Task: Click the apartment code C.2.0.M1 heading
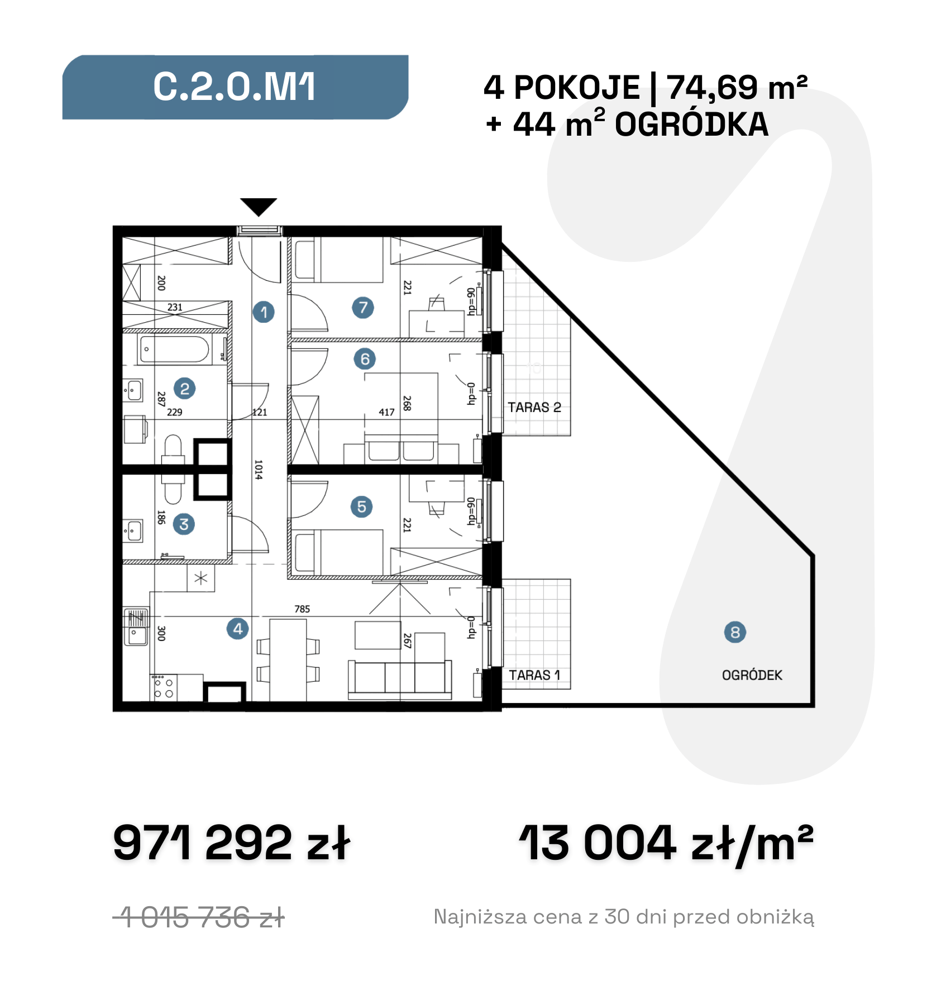[235, 87]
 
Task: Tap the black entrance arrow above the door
[259, 206]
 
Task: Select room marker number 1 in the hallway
[264, 312]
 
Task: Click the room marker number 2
[185, 388]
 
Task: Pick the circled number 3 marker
[184, 524]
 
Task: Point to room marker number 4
[237, 629]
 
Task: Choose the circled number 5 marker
[362, 506]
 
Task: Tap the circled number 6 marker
[365, 358]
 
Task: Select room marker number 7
[363, 307]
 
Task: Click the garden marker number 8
[735, 632]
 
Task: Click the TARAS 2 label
[534, 407]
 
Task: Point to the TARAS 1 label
[534, 675]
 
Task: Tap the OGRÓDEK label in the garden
[752, 675]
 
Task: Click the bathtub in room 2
[175, 349]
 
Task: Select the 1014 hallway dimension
[258, 470]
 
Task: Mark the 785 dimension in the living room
[302, 609]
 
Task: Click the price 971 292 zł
[232, 843]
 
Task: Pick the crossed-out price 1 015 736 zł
[199, 917]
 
